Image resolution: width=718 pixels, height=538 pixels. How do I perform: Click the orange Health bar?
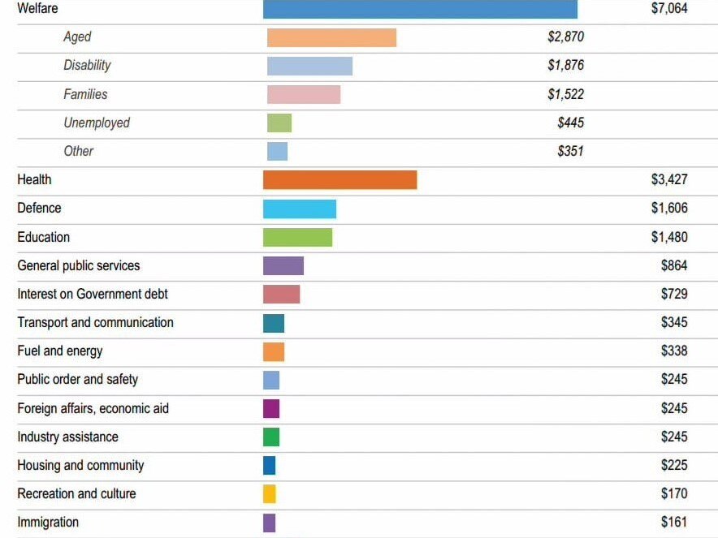[340, 179]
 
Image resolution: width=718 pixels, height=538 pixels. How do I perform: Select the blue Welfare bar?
[420, 9]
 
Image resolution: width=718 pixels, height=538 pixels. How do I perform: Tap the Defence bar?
[300, 209]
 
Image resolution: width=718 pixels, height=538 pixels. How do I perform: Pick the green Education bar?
[297, 237]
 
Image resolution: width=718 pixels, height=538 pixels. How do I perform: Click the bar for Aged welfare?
[331, 37]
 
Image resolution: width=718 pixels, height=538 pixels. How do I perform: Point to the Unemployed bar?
[279, 123]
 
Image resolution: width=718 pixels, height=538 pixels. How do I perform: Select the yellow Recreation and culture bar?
[270, 493]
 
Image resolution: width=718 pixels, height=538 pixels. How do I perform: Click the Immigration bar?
[270, 523]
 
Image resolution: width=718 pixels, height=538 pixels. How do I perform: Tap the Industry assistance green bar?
[271, 437]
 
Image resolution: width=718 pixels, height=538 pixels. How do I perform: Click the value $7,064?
[669, 9]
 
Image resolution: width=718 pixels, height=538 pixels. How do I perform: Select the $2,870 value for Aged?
[565, 37]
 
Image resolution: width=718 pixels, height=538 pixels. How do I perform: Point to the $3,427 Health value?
[669, 179]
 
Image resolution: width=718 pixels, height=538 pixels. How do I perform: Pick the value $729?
[674, 294]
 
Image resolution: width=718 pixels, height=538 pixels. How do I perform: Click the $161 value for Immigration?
[674, 523]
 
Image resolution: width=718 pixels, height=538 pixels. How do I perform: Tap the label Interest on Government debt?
[93, 294]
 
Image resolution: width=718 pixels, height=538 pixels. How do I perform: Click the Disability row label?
[87, 66]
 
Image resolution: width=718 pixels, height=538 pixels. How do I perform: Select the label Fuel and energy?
[60, 351]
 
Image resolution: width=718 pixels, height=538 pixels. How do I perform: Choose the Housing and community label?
[80, 465]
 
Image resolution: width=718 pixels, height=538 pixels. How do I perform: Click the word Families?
[85, 94]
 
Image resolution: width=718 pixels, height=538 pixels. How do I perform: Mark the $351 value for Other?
[570, 151]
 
